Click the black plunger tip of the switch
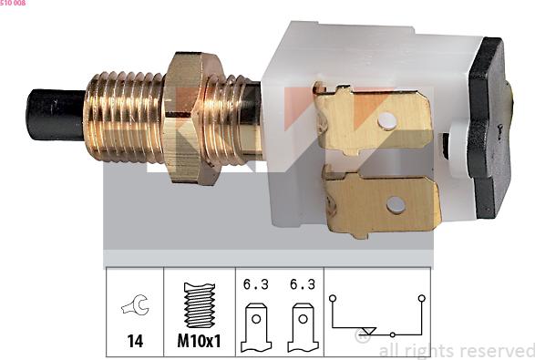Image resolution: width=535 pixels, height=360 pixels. click(56, 115)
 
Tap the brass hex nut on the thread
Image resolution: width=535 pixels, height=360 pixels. click(193, 118)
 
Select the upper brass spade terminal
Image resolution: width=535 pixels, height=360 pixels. click(373, 118)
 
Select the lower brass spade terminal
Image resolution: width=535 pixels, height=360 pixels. click(381, 202)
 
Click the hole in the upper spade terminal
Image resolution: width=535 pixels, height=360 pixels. click(387, 121)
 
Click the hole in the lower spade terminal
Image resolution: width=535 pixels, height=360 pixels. click(396, 205)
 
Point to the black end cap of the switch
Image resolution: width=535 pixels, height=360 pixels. click(489, 128)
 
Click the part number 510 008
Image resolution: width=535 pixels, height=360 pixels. click(13, 3)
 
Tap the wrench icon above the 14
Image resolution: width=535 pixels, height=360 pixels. click(136, 304)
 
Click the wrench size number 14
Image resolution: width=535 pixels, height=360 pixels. click(135, 341)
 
